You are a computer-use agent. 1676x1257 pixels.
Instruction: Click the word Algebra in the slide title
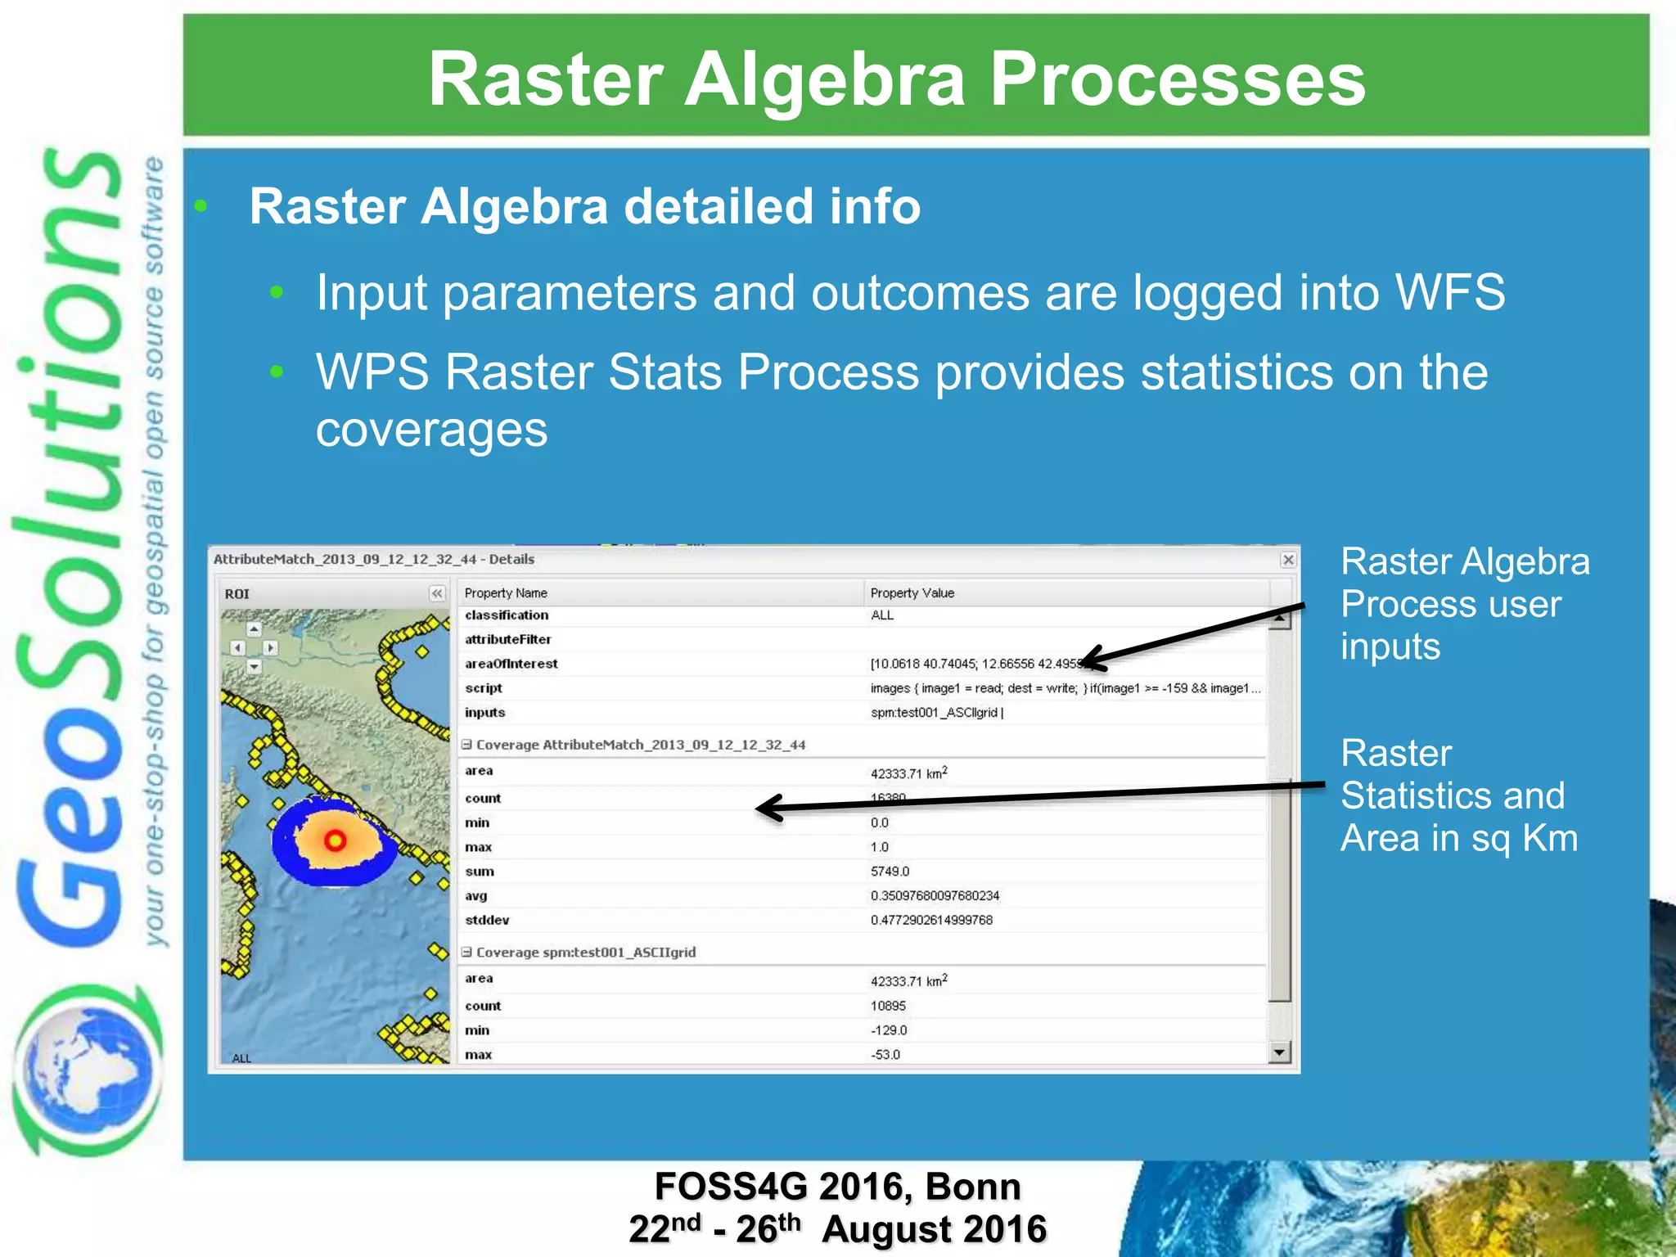click(824, 79)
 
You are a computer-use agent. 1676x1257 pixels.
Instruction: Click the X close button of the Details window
click(1288, 560)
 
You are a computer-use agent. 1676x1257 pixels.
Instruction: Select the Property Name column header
click(506, 592)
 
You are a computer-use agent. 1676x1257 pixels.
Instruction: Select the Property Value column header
click(912, 592)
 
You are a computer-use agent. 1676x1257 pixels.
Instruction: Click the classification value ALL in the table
click(882, 615)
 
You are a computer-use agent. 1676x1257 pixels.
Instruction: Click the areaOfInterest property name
click(511, 664)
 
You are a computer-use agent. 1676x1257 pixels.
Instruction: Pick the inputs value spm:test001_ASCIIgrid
click(936, 713)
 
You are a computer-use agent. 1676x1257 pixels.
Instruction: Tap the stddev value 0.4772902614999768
click(931, 920)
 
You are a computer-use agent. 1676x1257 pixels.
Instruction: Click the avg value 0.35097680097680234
click(935, 896)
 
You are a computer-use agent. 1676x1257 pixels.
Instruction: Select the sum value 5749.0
click(890, 872)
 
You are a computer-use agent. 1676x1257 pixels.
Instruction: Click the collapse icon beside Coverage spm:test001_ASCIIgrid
click(466, 953)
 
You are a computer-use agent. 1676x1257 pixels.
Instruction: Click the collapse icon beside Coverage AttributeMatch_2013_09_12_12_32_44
click(466, 745)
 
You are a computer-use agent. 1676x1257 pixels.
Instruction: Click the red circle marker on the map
click(335, 840)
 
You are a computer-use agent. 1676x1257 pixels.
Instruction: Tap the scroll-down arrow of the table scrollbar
click(1279, 1052)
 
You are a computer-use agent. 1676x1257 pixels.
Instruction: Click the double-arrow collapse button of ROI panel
click(437, 593)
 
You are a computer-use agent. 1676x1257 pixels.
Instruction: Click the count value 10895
click(888, 1006)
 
